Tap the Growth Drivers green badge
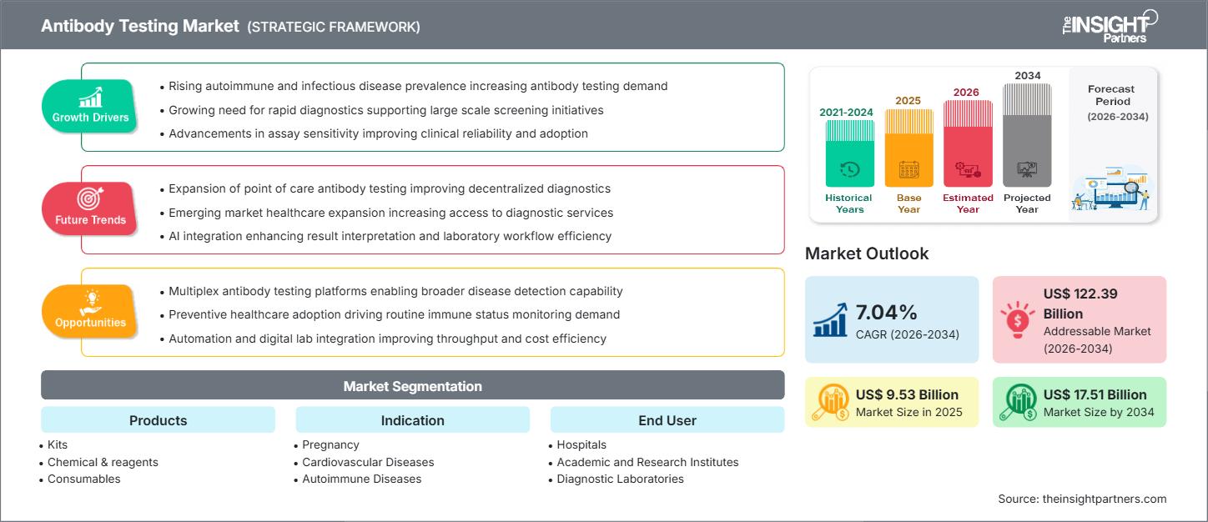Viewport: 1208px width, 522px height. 90,106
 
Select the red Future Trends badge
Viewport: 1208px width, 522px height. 90,208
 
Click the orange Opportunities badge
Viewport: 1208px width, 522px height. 90,311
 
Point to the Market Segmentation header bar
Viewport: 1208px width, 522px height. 412,386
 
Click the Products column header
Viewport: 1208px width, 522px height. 158,420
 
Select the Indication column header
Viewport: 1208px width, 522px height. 412,420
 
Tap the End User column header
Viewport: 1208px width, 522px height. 667,420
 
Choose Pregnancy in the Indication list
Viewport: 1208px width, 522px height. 331,445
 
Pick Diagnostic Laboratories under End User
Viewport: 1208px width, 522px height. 620,479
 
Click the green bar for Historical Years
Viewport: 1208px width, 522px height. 849,153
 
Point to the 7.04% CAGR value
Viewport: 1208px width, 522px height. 887,313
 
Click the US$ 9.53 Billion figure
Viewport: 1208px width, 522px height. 907,394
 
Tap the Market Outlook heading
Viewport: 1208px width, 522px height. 867,253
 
